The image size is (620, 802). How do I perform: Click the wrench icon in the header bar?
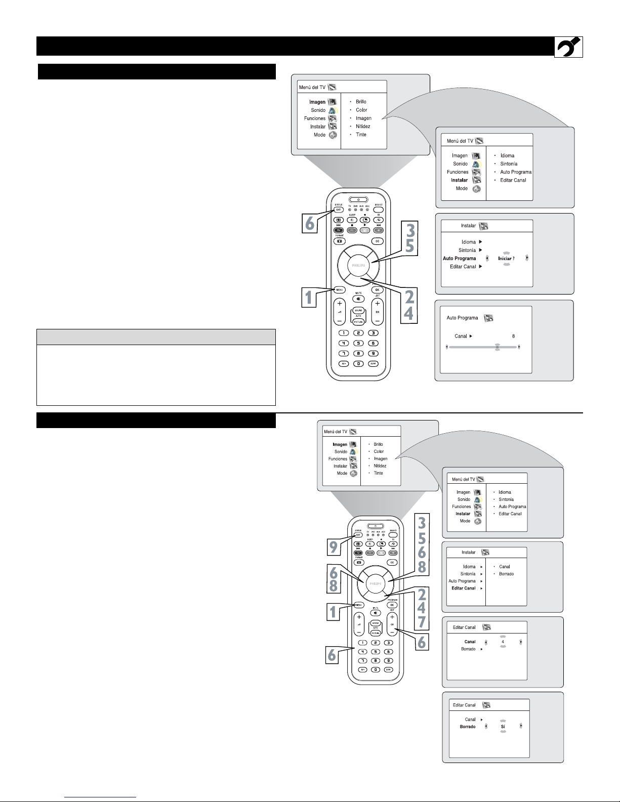pyautogui.click(x=568, y=47)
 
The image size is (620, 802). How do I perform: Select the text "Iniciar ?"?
pyautogui.click(x=506, y=259)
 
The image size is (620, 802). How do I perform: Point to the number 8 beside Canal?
pyautogui.click(x=513, y=336)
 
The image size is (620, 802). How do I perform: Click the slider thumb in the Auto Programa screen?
pyautogui.click(x=497, y=348)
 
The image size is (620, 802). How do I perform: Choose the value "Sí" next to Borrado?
pyautogui.click(x=503, y=727)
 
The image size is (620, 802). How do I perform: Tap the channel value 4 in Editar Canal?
pyautogui.click(x=503, y=642)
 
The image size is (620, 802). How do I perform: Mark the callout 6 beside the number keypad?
pyautogui.click(x=332, y=655)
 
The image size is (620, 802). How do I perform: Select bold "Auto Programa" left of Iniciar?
pyautogui.click(x=459, y=259)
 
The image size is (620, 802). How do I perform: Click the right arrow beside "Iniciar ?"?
pyautogui.click(x=527, y=258)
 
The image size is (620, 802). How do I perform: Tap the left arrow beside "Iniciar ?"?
pyautogui.click(x=487, y=258)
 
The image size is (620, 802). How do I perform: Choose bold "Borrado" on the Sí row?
pyautogui.click(x=467, y=727)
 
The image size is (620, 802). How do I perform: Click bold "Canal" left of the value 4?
pyautogui.click(x=470, y=642)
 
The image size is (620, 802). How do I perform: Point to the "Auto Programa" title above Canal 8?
pyautogui.click(x=462, y=318)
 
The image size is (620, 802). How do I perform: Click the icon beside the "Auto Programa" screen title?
pyautogui.click(x=488, y=318)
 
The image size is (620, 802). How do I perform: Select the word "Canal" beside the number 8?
pyautogui.click(x=461, y=336)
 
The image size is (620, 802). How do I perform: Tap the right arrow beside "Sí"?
pyautogui.click(x=521, y=726)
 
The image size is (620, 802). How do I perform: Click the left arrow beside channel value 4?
pyautogui.click(x=485, y=642)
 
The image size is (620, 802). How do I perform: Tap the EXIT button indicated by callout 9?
pyautogui.click(x=358, y=535)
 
